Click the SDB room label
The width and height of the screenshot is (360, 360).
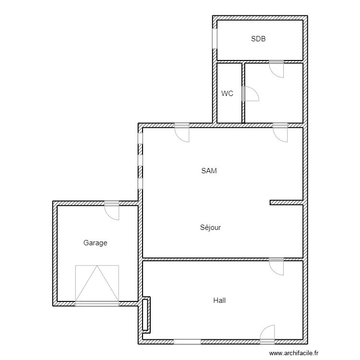[258, 39]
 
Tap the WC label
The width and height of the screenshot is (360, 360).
[227, 94]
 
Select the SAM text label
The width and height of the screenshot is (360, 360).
[209, 171]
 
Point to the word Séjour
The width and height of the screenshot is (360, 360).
[210, 228]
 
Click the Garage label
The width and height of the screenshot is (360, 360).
[96, 243]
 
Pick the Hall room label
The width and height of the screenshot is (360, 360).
[219, 300]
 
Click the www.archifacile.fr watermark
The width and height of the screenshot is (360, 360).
[294, 353]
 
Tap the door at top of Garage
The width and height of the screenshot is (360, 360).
[112, 210]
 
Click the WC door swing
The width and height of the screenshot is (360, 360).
[250, 94]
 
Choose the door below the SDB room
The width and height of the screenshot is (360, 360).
[276, 69]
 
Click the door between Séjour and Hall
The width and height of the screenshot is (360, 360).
[276, 266]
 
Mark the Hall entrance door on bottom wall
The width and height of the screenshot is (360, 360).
[267, 334]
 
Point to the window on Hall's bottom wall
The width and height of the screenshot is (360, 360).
[187, 342]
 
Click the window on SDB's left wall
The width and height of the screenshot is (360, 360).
[215, 38]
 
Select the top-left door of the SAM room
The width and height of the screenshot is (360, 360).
[182, 132]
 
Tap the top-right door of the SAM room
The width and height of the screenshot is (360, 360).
[280, 132]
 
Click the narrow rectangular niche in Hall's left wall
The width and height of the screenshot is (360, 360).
[146, 315]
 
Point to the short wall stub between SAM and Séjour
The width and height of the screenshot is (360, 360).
[286, 202]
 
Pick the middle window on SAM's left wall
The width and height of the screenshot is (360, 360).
[140, 160]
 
